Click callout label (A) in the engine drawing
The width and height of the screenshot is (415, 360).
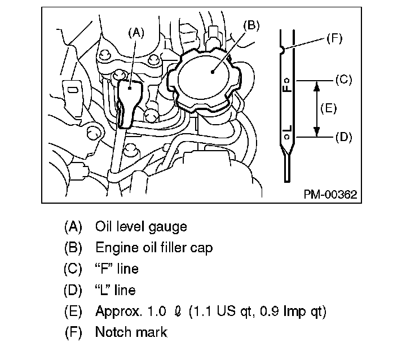(x=136, y=33)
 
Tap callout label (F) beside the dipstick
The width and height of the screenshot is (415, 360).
(x=334, y=38)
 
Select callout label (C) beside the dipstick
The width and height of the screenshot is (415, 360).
(x=343, y=80)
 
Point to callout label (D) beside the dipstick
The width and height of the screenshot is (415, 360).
(x=343, y=137)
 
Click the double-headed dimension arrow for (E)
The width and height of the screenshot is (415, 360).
(x=317, y=108)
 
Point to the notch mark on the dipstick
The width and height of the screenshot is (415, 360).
(x=282, y=50)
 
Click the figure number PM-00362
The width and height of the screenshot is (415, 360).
(x=330, y=195)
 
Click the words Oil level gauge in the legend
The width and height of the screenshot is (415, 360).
(x=141, y=227)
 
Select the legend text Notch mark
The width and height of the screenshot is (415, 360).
(x=131, y=332)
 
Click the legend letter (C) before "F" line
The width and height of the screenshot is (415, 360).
(x=73, y=269)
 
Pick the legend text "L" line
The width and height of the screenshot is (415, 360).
(x=116, y=290)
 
